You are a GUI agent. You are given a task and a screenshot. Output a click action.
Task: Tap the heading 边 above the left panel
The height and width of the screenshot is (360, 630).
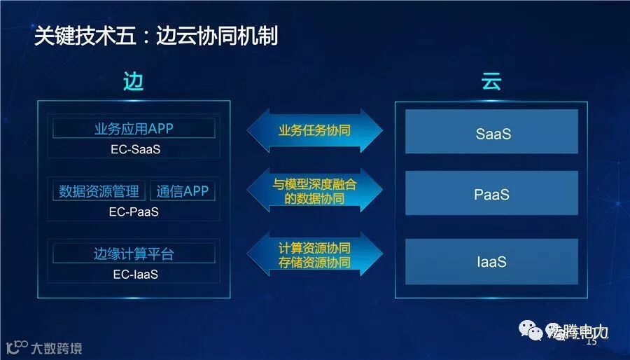[x=133, y=82]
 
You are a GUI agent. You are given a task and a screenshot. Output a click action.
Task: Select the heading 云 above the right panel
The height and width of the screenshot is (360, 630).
[x=491, y=82]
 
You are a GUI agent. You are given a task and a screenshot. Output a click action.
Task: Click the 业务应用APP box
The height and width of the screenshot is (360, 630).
[x=134, y=128]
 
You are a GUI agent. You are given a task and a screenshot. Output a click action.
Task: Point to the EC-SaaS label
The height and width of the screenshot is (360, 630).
[x=135, y=148]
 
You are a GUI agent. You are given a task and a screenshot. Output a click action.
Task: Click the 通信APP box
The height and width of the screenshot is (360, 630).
[x=182, y=191]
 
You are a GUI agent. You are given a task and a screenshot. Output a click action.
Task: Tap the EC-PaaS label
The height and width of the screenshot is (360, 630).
[x=135, y=212]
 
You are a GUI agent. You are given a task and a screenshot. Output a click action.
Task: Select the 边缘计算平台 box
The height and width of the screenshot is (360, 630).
[x=134, y=254]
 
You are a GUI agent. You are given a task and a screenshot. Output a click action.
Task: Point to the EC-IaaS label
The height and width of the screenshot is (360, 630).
[x=135, y=274]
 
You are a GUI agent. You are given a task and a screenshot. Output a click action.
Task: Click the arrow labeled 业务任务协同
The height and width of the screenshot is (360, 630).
[x=315, y=130]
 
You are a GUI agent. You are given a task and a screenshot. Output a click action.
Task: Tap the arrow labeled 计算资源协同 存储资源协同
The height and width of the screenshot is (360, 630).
[x=315, y=255]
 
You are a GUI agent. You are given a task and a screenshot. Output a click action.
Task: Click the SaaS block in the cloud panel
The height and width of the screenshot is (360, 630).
[x=491, y=132]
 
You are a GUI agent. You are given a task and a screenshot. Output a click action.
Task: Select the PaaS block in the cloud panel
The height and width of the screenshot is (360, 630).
[x=491, y=194]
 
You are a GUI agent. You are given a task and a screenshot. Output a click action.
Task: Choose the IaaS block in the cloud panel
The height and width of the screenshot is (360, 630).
[x=491, y=261]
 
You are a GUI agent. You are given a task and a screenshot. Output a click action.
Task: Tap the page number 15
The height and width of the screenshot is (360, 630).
[x=591, y=342]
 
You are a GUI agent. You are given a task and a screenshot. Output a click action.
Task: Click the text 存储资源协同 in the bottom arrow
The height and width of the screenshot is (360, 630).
[x=314, y=263]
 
